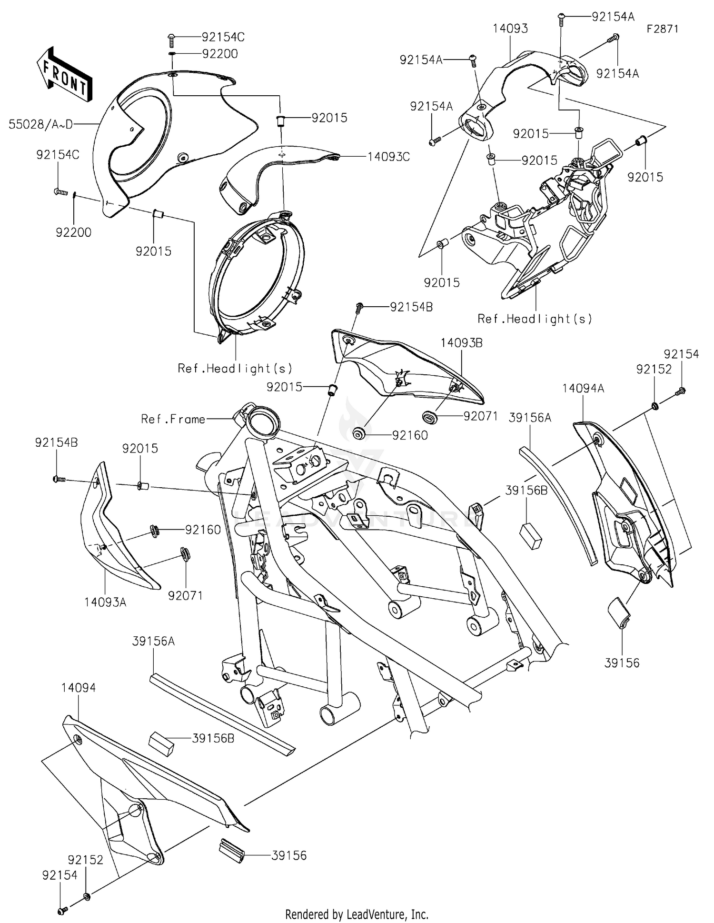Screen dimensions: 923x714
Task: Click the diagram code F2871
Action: (x=662, y=29)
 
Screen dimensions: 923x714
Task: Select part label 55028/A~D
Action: (x=41, y=125)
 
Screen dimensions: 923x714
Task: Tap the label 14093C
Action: (x=388, y=157)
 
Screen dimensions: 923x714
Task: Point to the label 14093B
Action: (x=461, y=343)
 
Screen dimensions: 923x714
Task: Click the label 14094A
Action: (x=583, y=388)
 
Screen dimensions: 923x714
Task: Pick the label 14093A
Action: (x=105, y=602)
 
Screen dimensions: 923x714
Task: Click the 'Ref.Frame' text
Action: (x=173, y=419)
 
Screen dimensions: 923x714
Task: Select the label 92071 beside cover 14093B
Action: (x=480, y=416)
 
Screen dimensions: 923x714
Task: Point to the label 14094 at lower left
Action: (x=79, y=688)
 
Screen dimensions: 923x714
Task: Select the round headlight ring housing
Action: (x=257, y=274)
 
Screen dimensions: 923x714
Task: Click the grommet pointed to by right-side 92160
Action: (x=358, y=434)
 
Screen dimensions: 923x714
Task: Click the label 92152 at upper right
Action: (x=654, y=369)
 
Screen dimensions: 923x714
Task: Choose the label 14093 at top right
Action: (x=510, y=29)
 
